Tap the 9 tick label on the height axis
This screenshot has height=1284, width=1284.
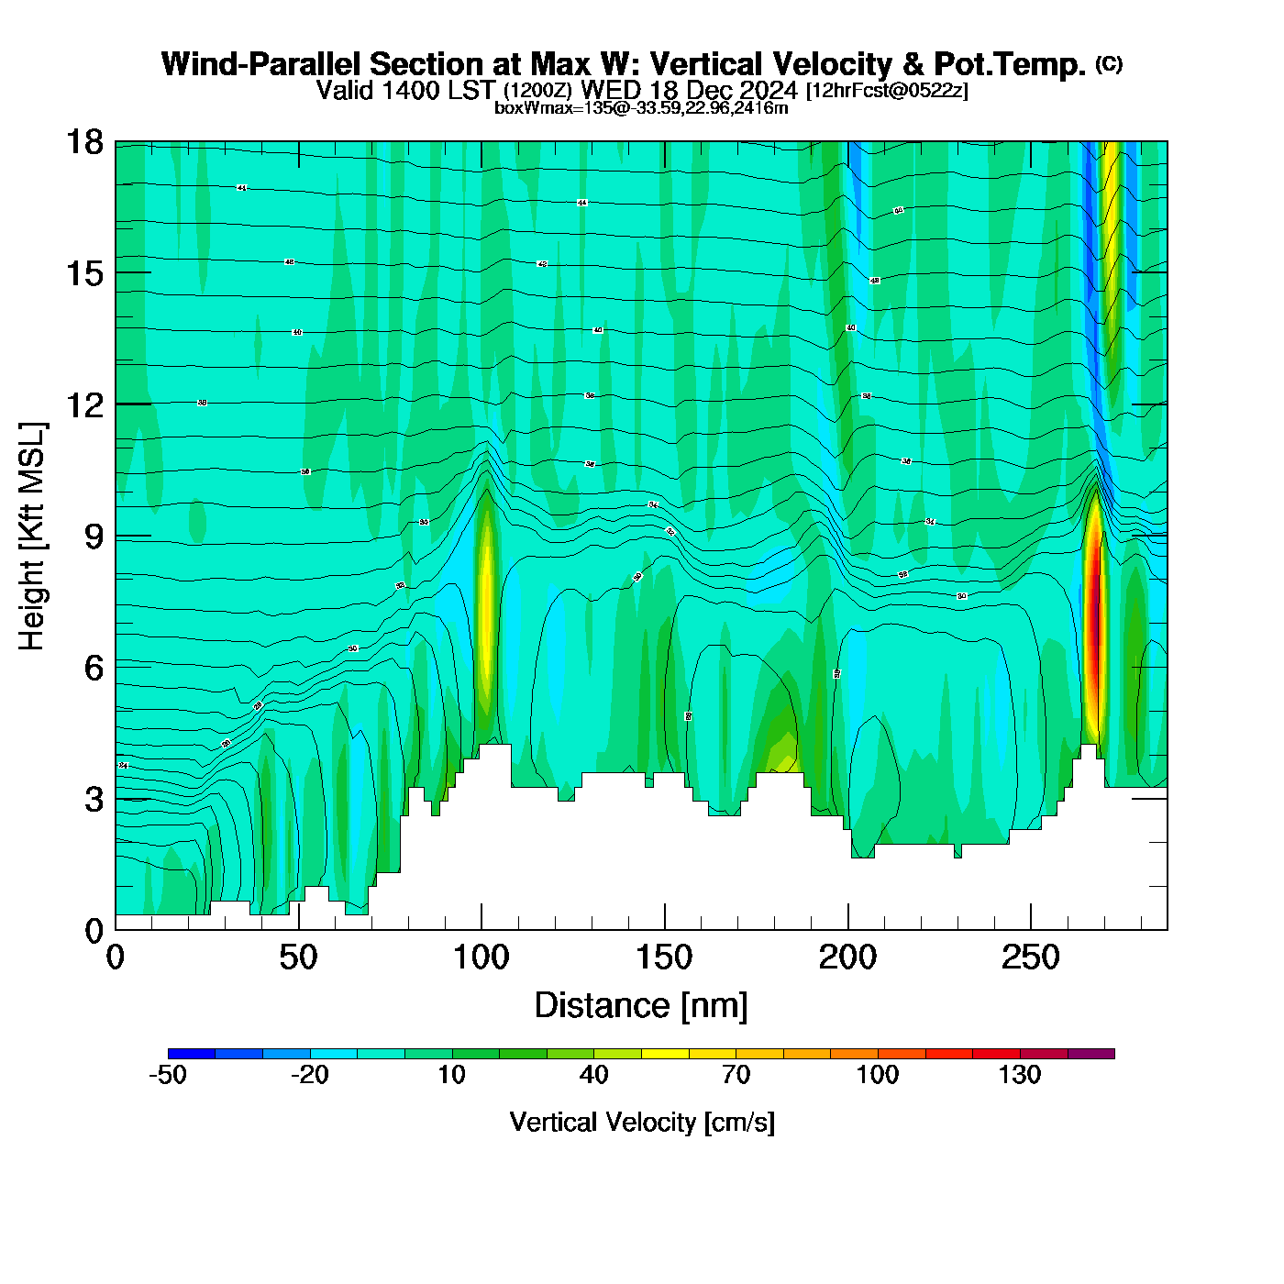tap(94, 537)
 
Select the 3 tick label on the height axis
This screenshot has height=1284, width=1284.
tap(94, 800)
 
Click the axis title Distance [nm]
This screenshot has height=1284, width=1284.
tap(641, 1005)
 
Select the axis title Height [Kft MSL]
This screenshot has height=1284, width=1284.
tap(32, 537)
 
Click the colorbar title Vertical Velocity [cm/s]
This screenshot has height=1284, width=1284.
tap(642, 1122)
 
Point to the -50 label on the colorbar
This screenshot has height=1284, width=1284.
tap(168, 1075)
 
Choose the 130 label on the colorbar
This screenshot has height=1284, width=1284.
tap(1020, 1075)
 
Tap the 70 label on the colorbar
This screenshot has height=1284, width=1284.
tap(736, 1075)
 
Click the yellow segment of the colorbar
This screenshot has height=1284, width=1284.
tap(665, 1054)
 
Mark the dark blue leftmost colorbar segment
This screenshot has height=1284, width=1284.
tap(192, 1054)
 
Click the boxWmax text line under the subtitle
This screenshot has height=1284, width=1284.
tap(641, 108)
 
